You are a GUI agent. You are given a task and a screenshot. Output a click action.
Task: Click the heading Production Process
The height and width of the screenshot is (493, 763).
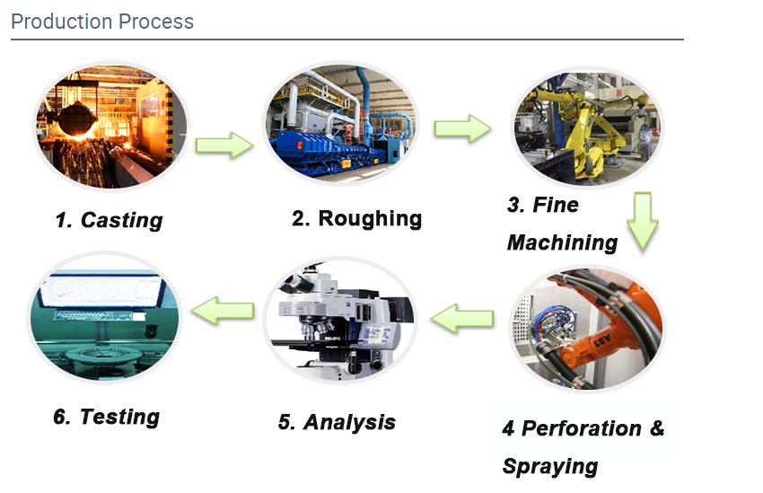[102, 22]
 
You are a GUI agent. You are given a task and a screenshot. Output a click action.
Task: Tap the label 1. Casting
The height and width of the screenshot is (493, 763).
[109, 220]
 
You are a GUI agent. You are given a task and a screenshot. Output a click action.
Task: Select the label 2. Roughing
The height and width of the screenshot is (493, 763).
[356, 218]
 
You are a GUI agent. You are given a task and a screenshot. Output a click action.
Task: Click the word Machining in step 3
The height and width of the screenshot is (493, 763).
[562, 242]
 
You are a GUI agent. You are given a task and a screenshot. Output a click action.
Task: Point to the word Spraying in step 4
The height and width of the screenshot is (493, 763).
[550, 466]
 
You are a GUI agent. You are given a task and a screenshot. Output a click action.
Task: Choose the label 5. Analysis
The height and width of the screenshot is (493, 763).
[337, 422]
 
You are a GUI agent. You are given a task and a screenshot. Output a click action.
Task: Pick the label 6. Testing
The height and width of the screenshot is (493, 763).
[106, 417]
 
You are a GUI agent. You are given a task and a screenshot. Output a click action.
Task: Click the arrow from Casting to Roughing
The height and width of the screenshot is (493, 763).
[224, 144]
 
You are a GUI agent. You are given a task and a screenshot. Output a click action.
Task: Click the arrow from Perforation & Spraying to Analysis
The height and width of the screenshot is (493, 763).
[463, 317]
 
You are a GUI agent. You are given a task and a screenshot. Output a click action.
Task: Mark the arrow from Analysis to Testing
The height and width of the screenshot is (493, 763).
[224, 311]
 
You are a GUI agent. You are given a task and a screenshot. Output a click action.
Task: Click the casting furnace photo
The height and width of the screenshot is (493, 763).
[111, 125]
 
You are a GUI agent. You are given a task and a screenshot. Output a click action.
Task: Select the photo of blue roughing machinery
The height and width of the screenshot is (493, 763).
[340, 125]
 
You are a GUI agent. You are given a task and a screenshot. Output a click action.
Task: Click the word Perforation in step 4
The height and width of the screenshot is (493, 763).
[582, 428]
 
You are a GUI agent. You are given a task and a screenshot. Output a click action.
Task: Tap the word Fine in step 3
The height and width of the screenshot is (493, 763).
[556, 205]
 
